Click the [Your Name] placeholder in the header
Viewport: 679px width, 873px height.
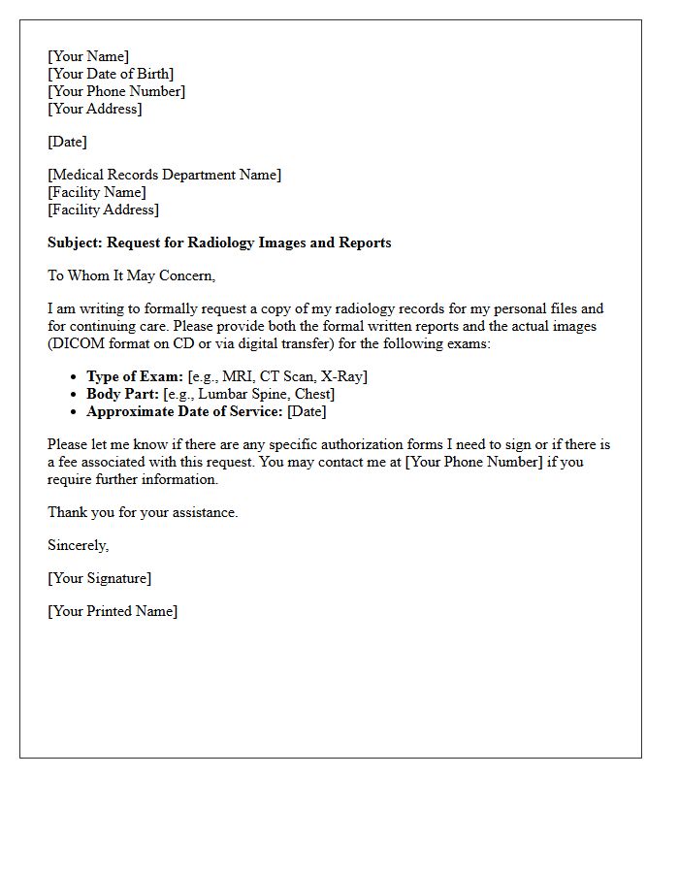click(x=88, y=56)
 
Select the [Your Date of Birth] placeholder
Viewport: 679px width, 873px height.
click(x=111, y=74)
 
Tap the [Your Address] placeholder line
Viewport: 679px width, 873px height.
click(x=95, y=109)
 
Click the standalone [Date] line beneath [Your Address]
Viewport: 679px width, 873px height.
click(x=67, y=142)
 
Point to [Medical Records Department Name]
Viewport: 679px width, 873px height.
click(x=164, y=175)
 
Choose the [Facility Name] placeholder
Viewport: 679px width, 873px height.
click(x=97, y=192)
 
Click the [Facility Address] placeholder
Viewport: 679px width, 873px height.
click(x=103, y=210)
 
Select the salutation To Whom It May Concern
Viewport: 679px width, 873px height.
click(x=131, y=275)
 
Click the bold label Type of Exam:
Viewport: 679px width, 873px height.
click(x=135, y=376)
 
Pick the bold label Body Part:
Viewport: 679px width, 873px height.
click(x=122, y=394)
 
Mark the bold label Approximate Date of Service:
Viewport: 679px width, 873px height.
click(x=184, y=411)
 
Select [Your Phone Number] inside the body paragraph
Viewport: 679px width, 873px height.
click(x=474, y=462)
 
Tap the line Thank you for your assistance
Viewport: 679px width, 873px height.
click(x=143, y=512)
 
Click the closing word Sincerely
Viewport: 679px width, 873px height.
click(x=78, y=545)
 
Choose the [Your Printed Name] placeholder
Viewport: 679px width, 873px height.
click(x=113, y=611)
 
